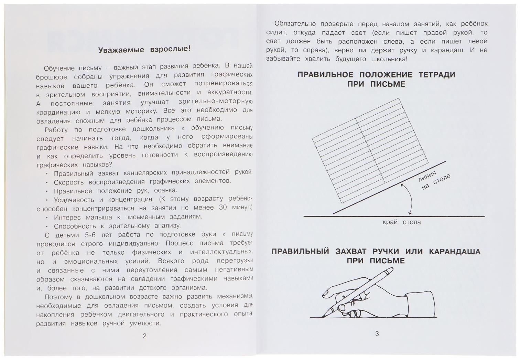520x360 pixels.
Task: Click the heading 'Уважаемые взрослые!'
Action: [144, 49]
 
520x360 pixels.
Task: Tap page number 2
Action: [144, 336]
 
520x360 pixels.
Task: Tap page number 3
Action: [377, 333]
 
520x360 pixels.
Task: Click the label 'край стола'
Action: [401, 222]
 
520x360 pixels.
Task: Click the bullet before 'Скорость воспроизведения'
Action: [46, 182]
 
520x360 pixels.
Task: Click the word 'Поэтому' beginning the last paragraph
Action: [58, 297]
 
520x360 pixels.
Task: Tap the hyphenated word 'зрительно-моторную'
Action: [216, 102]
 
